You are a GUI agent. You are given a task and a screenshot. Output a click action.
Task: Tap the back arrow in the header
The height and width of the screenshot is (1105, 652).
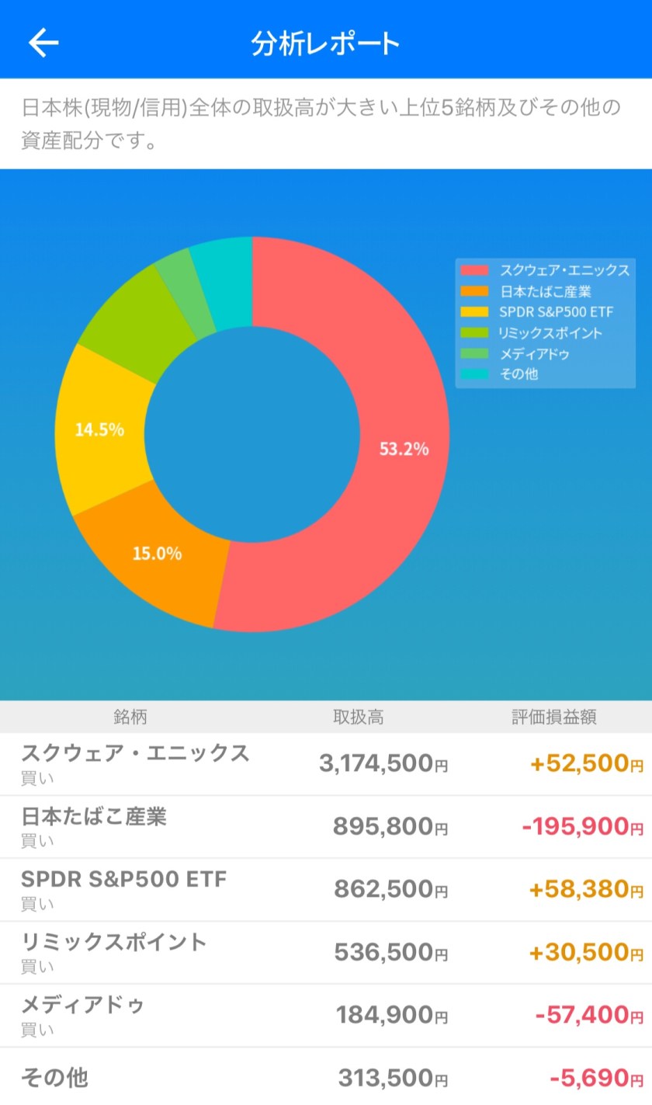click(x=43, y=43)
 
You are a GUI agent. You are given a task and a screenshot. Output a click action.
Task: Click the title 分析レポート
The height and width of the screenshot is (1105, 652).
click(x=325, y=43)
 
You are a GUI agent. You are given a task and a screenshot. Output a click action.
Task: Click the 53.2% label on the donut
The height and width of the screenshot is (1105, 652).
click(x=404, y=449)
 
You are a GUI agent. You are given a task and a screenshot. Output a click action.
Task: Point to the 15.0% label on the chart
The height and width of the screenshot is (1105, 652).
click(x=157, y=554)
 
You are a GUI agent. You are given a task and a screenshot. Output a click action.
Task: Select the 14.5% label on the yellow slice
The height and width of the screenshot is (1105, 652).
click(x=99, y=429)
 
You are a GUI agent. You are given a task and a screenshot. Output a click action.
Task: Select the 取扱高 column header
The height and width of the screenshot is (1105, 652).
click(x=358, y=717)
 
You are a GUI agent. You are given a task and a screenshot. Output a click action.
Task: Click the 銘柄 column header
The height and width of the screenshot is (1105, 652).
click(x=130, y=717)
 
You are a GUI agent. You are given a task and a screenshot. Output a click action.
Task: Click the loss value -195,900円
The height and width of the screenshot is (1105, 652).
click(x=583, y=826)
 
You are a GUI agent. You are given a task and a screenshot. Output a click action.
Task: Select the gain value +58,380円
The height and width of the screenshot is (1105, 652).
click(x=586, y=889)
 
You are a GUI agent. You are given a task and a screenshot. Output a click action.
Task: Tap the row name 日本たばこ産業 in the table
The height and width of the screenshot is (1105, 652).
click(x=94, y=816)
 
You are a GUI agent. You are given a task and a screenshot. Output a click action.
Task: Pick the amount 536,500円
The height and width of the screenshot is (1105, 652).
click(x=390, y=952)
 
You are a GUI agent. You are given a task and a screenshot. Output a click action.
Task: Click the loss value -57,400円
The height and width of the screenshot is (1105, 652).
click(x=589, y=1015)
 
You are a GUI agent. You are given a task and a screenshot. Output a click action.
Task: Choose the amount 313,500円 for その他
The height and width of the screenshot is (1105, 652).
click(x=393, y=1078)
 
